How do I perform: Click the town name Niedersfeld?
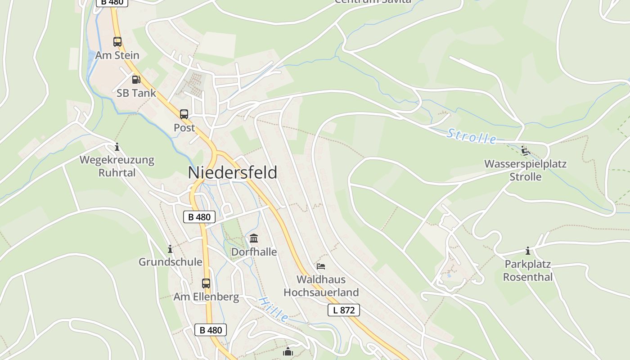[232, 173]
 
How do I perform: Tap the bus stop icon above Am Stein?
[117, 42]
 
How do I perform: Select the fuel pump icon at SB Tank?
[136, 80]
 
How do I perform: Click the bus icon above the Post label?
[184, 114]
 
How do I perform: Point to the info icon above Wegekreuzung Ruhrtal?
[117, 147]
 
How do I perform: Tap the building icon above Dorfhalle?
[254, 238]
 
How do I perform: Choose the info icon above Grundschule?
[170, 249]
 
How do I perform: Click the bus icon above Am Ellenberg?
[206, 283]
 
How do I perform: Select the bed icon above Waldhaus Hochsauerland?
[321, 266]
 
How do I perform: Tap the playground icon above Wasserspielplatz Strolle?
[525, 150]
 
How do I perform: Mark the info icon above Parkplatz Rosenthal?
[528, 251]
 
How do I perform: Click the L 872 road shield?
[344, 310]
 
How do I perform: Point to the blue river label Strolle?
[472, 136]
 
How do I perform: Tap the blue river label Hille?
[274, 309]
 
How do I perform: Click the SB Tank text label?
[136, 93]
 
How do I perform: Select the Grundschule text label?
[170, 262]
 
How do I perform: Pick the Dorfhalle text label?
[254, 252]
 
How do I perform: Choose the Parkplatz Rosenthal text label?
[528, 270]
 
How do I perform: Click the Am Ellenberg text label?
[206, 297]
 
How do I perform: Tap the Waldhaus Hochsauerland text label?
[321, 286]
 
